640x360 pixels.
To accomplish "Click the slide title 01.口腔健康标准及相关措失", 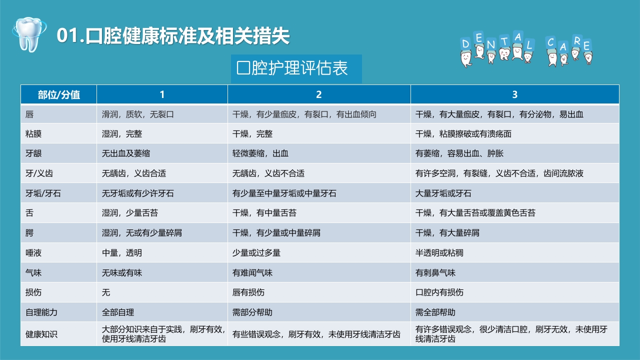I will tap(173, 36).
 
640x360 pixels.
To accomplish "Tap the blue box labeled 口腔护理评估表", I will tap(296, 69).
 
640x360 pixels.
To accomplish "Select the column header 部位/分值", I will tap(59, 94).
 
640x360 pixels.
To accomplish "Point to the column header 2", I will tap(319, 94).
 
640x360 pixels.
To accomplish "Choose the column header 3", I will tap(515, 94).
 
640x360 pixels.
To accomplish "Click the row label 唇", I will tap(30, 114).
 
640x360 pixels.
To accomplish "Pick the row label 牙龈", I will tap(34, 154).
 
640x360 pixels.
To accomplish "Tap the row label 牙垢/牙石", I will tap(43, 193).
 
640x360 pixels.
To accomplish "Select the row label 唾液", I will tap(34, 253).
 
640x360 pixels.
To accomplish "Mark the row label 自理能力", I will tap(41, 312).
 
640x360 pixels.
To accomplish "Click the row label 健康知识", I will tap(41, 334).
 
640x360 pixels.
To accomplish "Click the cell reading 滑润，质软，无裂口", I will tap(138, 114).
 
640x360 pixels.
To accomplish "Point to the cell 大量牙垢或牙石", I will tap(443, 193).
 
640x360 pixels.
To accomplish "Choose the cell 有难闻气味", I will tap(252, 273).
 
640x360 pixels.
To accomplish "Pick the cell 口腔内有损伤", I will tap(439, 292).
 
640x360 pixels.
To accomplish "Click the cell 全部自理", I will tap(118, 312).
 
